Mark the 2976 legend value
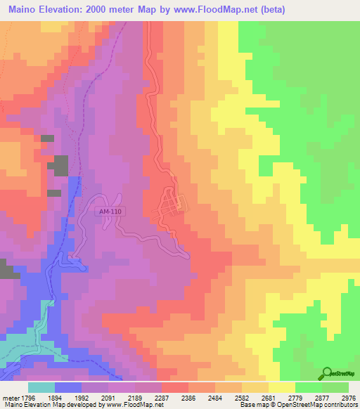pos(349,396)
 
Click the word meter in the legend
pos(8,396)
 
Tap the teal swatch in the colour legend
pos(41,387)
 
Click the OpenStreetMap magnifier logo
pos(328,375)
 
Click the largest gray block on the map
pos(58,166)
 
